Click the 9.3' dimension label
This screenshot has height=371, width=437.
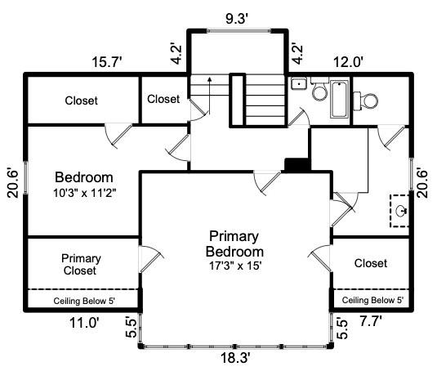coord(237,19)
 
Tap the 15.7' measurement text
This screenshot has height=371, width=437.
coord(107,62)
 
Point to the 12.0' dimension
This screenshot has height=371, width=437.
coord(348,62)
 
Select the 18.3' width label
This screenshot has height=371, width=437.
coord(235,358)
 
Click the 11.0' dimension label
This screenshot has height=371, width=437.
coord(84,323)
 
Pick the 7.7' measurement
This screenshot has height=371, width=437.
coord(370,321)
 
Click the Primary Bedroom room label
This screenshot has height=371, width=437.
coord(234,244)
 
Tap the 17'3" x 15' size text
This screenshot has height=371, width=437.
coord(235,266)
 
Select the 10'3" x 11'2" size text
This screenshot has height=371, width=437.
coord(84,193)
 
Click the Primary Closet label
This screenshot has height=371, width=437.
coord(81,265)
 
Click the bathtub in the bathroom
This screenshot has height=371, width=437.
coord(340,99)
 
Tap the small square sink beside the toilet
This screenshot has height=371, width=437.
coord(299,83)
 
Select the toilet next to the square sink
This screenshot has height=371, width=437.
coord(319,89)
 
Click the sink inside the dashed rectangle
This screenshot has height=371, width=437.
coord(401,210)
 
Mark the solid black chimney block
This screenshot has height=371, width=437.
coord(297,164)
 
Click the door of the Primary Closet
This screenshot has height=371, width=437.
coord(150,259)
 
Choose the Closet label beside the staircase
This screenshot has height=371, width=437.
coord(163,99)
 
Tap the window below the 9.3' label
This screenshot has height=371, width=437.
coord(239,31)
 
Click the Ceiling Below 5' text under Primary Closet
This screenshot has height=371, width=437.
coord(84,301)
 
